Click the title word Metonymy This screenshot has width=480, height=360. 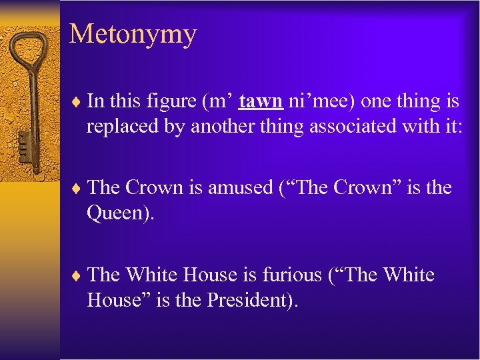[133, 34]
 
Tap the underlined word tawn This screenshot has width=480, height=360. [262, 101]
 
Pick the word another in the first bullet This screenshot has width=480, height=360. [224, 127]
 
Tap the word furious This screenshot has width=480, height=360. [290, 275]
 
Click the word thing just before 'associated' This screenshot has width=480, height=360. [288, 127]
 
